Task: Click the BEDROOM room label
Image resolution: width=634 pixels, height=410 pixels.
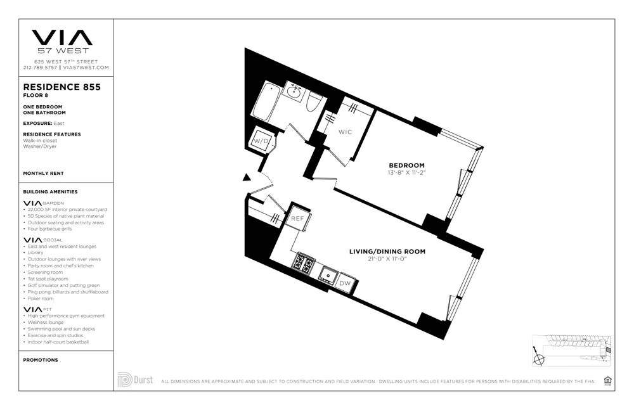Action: [x=406, y=165]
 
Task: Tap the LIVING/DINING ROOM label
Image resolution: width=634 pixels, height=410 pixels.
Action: [x=387, y=252]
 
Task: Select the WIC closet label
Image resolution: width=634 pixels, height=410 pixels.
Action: [x=345, y=132]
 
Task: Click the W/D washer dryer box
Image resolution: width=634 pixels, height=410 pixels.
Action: [x=262, y=141]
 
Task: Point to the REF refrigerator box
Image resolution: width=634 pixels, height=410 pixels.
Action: [x=297, y=219]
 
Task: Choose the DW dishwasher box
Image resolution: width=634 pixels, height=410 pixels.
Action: [x=345, y=283]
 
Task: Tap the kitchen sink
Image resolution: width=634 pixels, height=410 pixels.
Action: [x=327, y=274]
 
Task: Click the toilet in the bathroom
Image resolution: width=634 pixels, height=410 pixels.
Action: [x=314, y=102]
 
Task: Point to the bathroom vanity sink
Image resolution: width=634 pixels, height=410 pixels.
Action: [x=294, y=92]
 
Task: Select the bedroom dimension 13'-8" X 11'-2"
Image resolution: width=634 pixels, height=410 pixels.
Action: [x=406, y=173]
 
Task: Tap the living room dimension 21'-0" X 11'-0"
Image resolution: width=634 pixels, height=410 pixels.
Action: [x=387, y=259]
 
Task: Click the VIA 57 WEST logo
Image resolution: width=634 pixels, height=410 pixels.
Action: [x=62, y=41]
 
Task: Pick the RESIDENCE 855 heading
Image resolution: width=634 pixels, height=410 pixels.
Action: [x=61, y=87]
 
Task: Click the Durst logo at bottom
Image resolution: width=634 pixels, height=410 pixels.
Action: [x=135, y=380]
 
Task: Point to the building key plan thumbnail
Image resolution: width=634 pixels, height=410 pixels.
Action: [x=571, y=350]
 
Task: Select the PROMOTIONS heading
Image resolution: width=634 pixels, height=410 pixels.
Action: [x=41, y=360]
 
